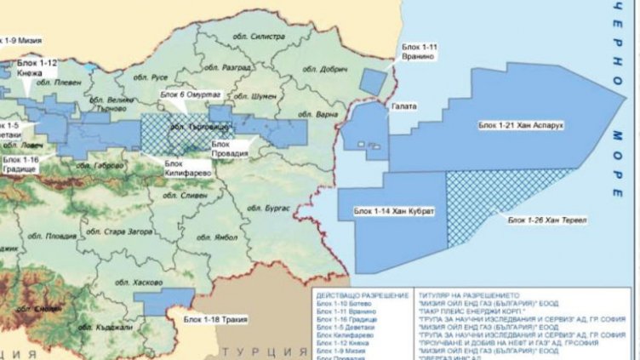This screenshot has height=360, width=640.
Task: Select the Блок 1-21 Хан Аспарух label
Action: (521, 125)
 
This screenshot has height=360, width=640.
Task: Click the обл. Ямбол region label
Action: (211, 240)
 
